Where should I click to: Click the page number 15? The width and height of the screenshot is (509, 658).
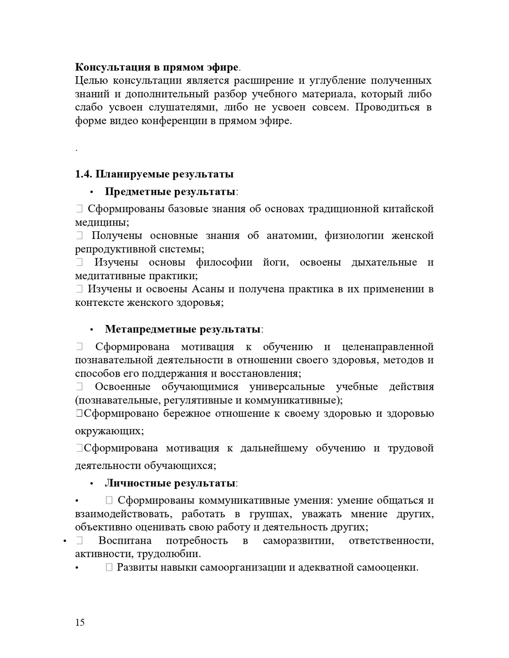(80, 622)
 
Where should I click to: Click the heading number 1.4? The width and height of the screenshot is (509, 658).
(84, 174)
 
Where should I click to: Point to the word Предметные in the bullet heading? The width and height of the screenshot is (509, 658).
(138, 192)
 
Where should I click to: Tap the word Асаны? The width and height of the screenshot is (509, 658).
(208, 289)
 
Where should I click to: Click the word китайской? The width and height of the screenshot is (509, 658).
(408, 209)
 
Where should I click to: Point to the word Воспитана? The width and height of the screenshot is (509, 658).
(125, 541)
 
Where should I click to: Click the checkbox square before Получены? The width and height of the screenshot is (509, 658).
(79, 236)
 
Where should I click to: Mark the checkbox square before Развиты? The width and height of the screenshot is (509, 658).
(109, 568)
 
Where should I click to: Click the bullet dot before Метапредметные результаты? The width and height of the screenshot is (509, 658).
(91, 330)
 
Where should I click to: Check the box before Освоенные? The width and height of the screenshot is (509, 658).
(79, 387)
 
